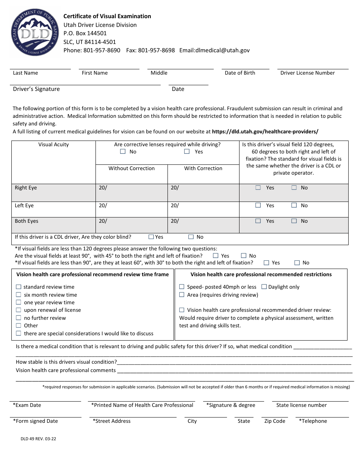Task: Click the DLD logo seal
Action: coord(35,33)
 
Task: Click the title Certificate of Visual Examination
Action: coord(107,16)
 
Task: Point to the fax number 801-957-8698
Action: coord(156,50)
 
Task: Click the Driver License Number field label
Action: coord(307,73)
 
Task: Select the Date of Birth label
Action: coord(240,73)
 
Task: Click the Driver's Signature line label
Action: coord(36,89)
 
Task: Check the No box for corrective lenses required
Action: coord(123,152)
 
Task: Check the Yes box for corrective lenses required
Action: coord(187,152)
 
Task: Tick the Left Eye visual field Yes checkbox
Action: coord(258,205)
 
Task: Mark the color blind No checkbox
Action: coord(191,237)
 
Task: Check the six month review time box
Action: coord(19,295)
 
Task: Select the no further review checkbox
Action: coord(19,318)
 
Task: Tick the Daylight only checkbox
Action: coord(264,287)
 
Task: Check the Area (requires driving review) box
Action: coord(182,295)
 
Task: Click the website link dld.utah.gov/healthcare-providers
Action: coord(265,132)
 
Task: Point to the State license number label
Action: coord(301,405)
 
